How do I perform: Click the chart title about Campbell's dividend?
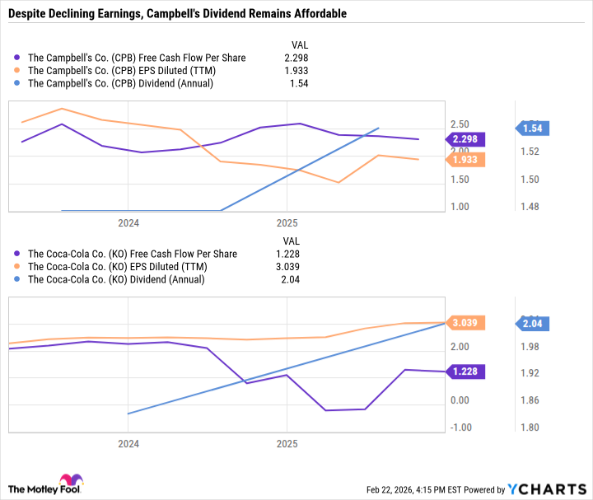[x=177, y=14]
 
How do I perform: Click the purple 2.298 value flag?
[x=465, y=139]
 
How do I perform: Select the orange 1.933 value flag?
[x=465, y=160]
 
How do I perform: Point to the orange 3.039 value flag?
[x=465, y=323]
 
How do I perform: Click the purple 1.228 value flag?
[x=465, y=372]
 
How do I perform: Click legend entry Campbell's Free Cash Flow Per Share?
[x=136, y=58]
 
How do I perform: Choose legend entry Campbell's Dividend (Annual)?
[x=120, y=83]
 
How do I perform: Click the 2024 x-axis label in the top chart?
[x=128, y=223]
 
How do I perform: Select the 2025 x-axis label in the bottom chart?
[x=286, y=442]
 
